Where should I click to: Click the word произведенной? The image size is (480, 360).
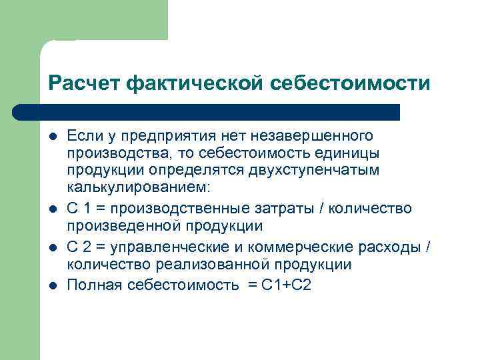click(x=109, y=226)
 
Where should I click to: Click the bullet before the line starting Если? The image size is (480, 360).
click(x=53, y=137)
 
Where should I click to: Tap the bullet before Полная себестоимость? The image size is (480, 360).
click(x=53, y=286)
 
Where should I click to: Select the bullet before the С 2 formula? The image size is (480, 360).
click(x=53, y=248)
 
